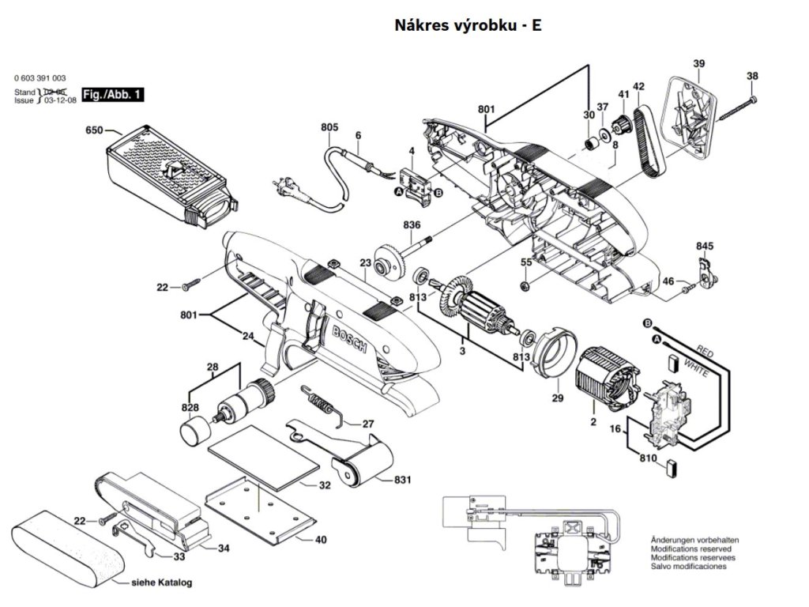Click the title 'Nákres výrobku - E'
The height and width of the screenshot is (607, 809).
(468, 25)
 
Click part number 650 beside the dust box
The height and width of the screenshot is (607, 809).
(94, 130)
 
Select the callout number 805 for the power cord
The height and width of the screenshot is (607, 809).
(329, 127)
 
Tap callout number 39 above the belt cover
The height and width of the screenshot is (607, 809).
(699, 63)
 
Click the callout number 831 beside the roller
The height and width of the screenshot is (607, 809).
(403, 480)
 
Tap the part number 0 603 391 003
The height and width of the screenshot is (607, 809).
(40, 78)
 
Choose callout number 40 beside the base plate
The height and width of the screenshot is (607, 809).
(320, 541)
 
